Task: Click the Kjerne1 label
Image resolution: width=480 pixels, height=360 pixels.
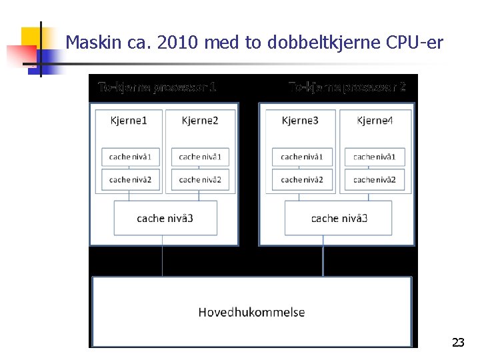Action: pyautogui.click(x=129, y=121)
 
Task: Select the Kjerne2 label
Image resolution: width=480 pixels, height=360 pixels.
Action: pyautogui.click(x=200, y=121)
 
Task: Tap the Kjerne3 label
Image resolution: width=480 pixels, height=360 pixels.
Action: pyautogui.click(x=300, y=121)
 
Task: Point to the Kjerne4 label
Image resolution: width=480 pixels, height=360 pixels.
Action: pyautogui.click(x=375, y=121)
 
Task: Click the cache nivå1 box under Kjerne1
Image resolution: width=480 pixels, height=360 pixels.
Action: pyautogui.click(x=131, y=157)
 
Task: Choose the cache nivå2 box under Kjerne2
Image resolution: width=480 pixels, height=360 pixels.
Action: pyautogui.click(x=200, y=179)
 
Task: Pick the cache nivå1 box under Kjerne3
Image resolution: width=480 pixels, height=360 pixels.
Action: pyautogui.click(x=302, y=157)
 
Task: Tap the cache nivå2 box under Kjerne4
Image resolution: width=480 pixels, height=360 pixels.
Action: pyautogui.click(x=375, y=179)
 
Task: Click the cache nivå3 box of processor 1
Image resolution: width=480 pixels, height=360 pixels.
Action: pyautogui.click(x=165, y=218)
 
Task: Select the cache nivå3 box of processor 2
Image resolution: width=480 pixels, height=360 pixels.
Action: pyautogui.click(x=339, y=218)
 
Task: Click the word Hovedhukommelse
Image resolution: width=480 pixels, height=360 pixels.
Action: pyautogui.click(x=251, y=312)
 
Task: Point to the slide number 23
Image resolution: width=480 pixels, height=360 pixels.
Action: pyautogui.click(x=458, y=343)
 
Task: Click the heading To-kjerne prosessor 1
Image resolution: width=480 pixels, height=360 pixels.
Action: pyautogui.click(x=157, y=87)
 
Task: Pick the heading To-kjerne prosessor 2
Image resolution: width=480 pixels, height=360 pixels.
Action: pyautogui.click(x=347, y=87)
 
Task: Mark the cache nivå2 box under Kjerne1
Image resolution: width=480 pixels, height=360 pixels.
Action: pyautogui.click(x=131, y=179)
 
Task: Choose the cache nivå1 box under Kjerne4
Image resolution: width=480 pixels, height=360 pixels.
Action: pyautogui.click(x=375, y=157)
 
